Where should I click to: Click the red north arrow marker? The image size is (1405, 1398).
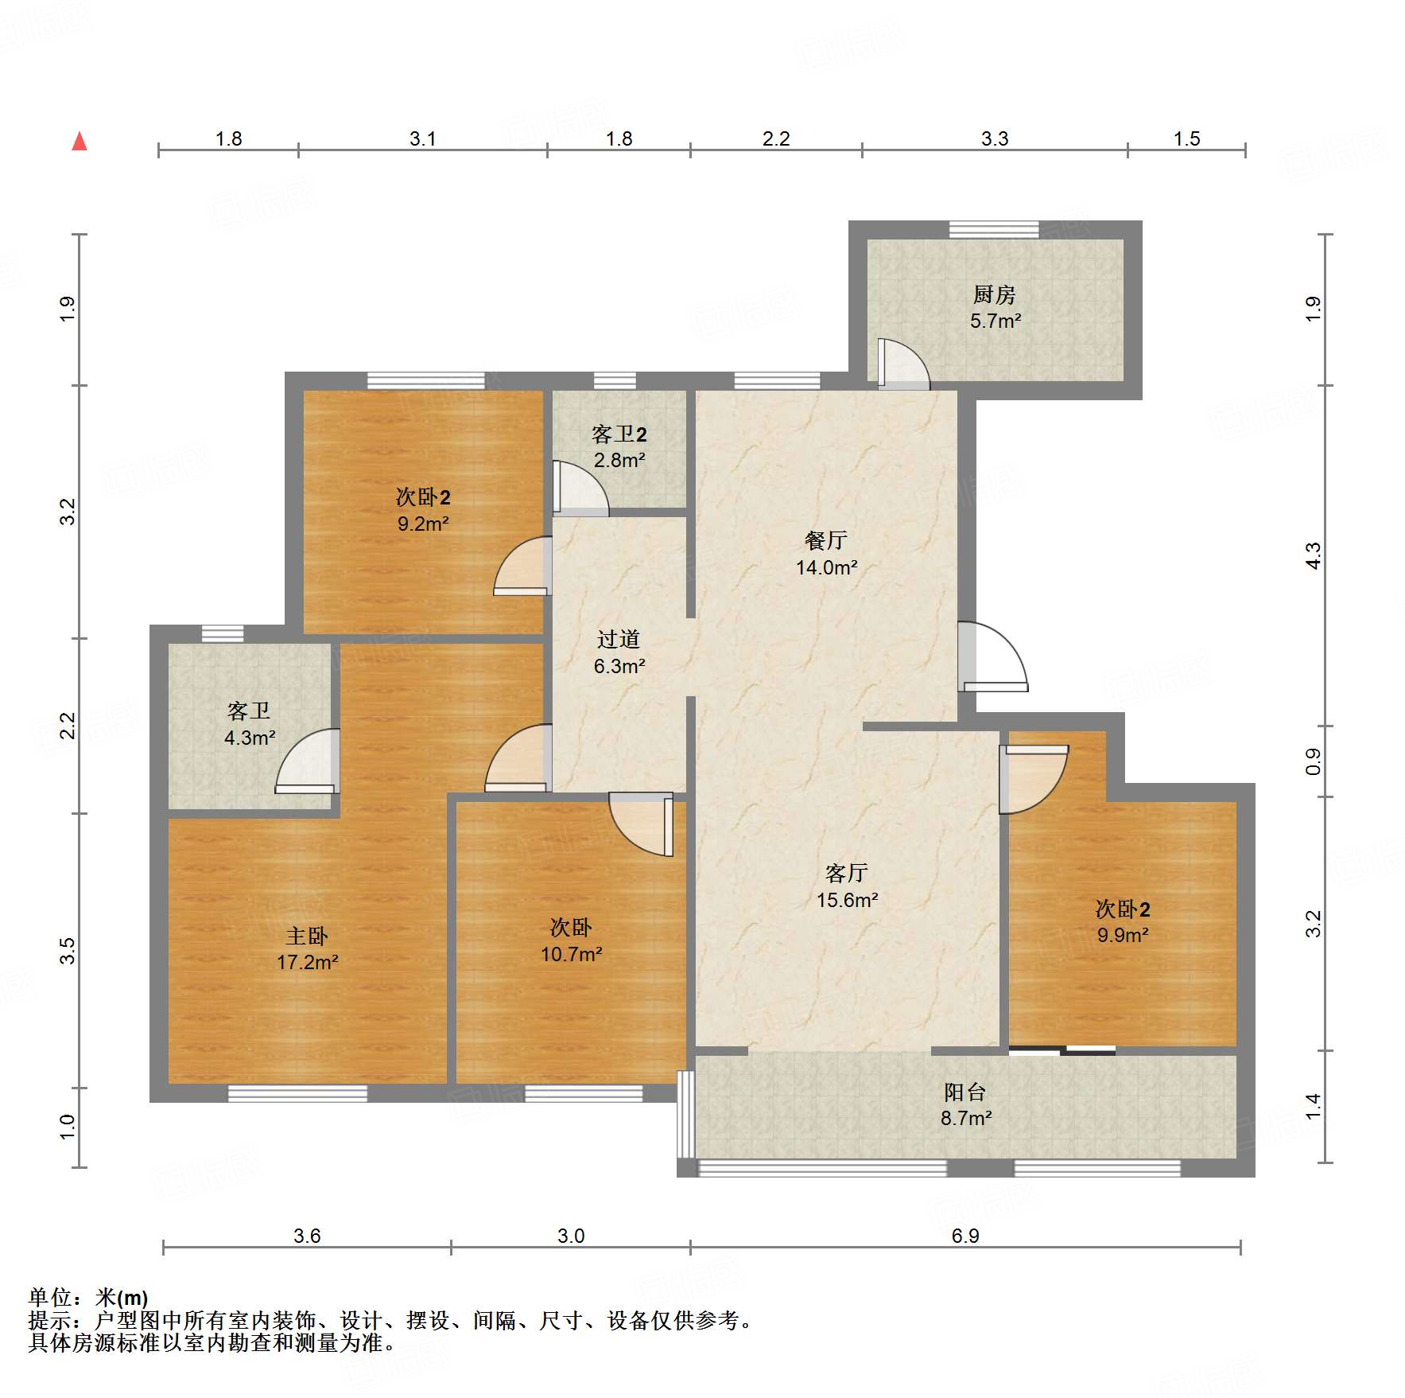[80, 142]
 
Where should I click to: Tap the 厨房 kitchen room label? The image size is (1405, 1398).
[994, 295]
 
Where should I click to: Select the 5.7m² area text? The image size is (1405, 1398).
[995, 321]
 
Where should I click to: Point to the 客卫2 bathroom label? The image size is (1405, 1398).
[619, 434]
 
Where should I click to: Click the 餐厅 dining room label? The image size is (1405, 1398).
[825, 541]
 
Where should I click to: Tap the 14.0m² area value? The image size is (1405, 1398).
[826, 567]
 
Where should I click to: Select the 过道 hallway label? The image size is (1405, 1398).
[618, 639]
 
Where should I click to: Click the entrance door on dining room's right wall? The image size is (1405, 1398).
[992, 657]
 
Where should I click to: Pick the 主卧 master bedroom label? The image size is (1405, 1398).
[307, 936]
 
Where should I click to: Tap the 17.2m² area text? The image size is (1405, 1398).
[307, 963]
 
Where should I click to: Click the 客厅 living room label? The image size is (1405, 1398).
[846, 874]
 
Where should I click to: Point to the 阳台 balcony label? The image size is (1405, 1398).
[965, 1092]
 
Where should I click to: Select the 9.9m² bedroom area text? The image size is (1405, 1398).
[1122, 936]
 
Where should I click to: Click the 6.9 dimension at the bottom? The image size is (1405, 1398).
[964, 1236]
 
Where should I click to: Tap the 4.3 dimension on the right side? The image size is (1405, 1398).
[1313, 555]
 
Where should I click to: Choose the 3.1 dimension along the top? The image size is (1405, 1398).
[422, 138]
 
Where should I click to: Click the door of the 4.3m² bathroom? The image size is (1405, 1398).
[309, 762]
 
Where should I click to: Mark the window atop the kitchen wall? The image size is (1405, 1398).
[994, 230]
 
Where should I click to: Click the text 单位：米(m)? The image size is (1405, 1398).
[88, 1298]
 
